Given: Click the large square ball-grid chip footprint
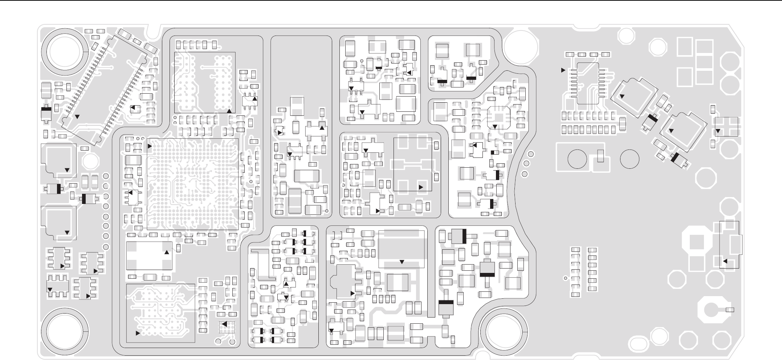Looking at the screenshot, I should (192, 184).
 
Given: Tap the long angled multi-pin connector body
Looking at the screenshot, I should (105, 89).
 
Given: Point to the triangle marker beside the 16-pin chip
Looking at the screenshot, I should (563, 70).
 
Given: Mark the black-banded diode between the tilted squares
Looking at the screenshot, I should (652, 119).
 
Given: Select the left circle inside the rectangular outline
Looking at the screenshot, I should (577, 159).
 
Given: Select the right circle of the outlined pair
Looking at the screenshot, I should (630, 159).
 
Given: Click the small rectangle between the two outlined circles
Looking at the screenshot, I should (601, 156).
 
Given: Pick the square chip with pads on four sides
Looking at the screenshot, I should (498, 117).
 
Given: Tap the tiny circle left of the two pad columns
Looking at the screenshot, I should (565, 278).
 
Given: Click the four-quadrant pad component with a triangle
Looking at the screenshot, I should (726, 127).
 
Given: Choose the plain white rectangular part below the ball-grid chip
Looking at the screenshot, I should (149, 256).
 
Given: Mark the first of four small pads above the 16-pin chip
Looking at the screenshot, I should (570, 54).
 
